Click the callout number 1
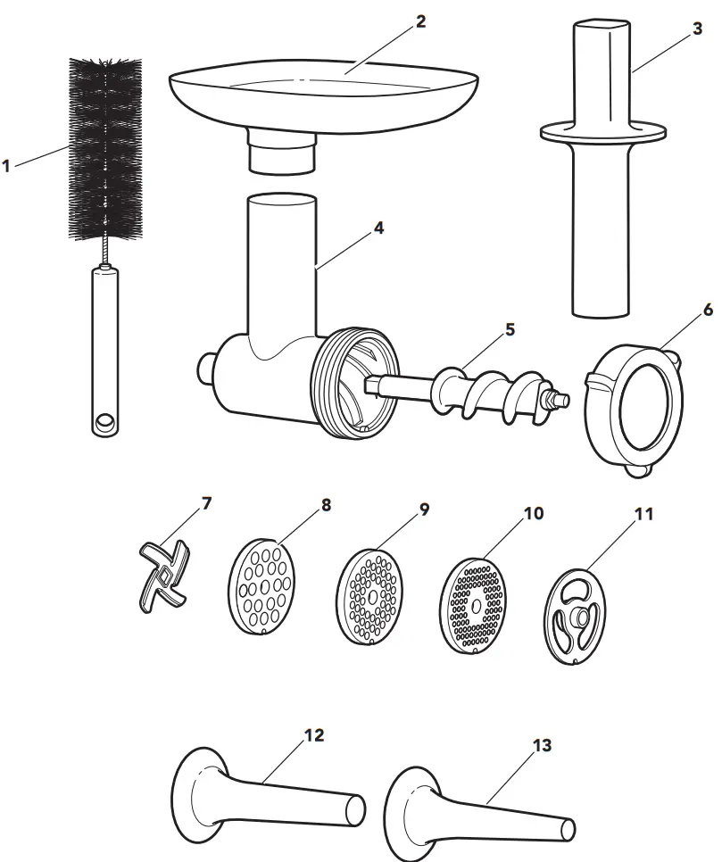[7, 166]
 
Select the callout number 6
[707, 311]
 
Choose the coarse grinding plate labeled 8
[260, 589]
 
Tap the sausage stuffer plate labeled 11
[577, 617]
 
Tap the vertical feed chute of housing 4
[281, 259]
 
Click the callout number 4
[378, 228]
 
